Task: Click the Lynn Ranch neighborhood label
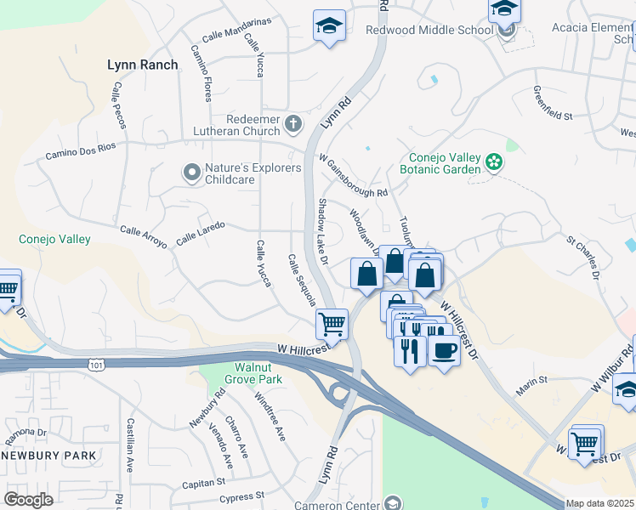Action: point(143,65)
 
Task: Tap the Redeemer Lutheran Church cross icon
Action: point(293,125)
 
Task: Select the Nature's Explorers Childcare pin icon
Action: point(191,173)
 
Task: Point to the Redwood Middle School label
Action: point(429,30)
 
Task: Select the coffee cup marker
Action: point(442,349)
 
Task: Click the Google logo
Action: point(28,500)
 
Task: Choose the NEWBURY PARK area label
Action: point(48,456)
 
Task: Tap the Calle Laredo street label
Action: point(200,235)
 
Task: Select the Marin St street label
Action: point(534,388)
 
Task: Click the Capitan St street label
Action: point(203,484)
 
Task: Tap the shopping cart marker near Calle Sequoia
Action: point(332,324)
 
